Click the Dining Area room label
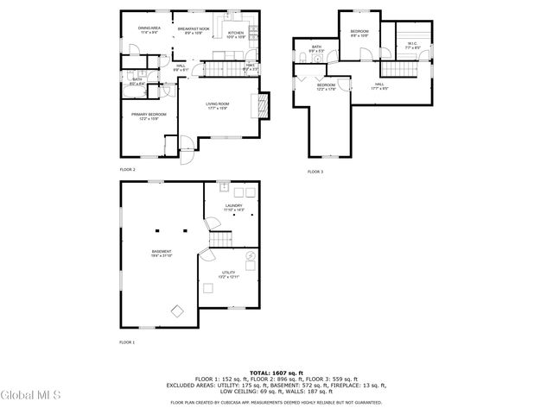(149, 30)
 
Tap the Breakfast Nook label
(194, 31)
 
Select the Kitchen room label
(237, 35)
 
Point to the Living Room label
(217, 106)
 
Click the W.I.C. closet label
(413, 46)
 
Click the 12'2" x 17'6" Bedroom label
(326, 87)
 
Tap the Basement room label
(162, 254)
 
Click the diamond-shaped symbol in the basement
(177, 310)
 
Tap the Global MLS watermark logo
(30, 396)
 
